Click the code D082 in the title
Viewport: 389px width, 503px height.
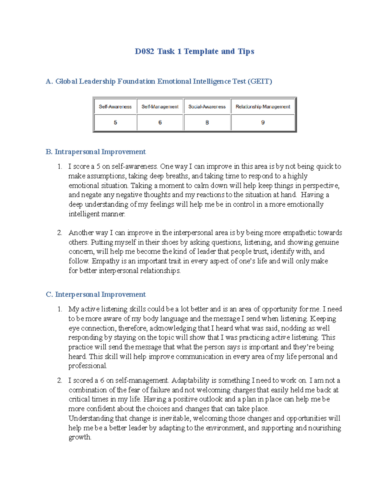pyautogui.click(x=144, y=51)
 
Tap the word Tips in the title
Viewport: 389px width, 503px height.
pyautogui.click(x=246, y=51)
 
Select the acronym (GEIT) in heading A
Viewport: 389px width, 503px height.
pyautogui.click(x=260, y=81)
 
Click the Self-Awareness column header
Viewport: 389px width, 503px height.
pyautogui.click(x=115, y=107)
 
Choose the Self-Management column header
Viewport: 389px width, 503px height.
pyautogui.click(x=160, y=107)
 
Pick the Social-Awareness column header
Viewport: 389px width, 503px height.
pyautogui.click(x=207, y=107)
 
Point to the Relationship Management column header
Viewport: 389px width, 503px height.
pyautogui.click(x=263, y=107)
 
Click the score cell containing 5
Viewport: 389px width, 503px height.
pyautogui.click(x=115, y=122)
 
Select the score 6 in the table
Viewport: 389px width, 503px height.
pyautogui.click(x=160, y=122)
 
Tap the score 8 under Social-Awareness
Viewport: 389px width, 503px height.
pyautogui.click(x=207, y=122)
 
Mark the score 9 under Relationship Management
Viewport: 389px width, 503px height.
pyautogui.click(x=263, y=122)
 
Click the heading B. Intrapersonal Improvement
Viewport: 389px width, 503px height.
pyautogui.click(x=96, y=152)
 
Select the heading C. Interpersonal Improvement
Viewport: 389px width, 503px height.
pyautogui.click(x=96, y=294)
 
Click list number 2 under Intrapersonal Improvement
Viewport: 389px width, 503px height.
pyautogui.click(x=60, y=233)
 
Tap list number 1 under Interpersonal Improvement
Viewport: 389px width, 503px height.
pyautogui.click(x=60, y=309)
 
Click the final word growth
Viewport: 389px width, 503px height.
pyautogui.click(x=79, y=438)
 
